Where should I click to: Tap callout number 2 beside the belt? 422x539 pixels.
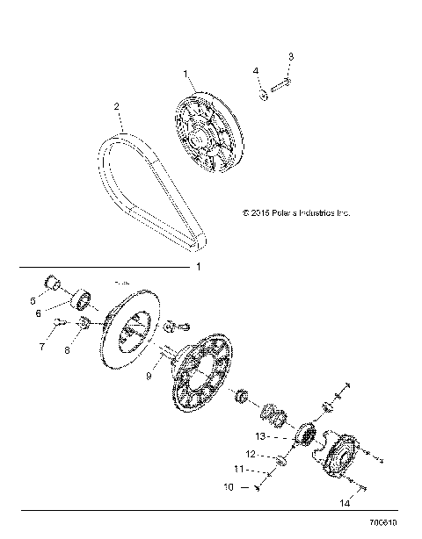tap(117, 106)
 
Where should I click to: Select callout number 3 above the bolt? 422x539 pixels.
tap(291, 57)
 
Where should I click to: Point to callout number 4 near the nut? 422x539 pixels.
tap(256, 70)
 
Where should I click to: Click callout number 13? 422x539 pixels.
tap(259, 435)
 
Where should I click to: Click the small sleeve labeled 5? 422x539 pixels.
tap(54, 283)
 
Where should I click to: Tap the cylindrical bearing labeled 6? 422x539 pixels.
tap(85, 298)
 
